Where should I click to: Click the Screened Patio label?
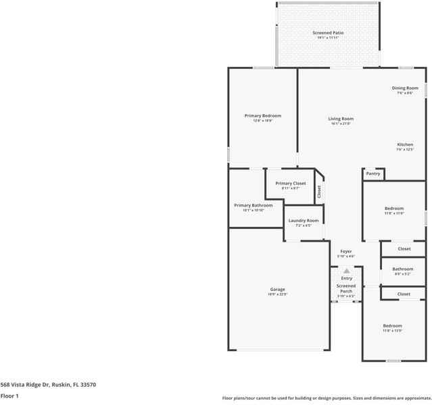pyautogui.click(x=328, y=32)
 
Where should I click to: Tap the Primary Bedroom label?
pyautogui.click(x=262, y=115)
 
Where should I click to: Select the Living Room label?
pyautogui.click(x=341, y=119)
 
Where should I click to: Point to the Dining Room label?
pyautogui.click(x=405, y=88)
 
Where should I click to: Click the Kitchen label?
pyautogui.click(x=405, y=144)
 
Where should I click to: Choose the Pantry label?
pyautogui.click(x=373, y=173)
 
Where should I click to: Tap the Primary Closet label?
pyautogui.click(x=290, y=184)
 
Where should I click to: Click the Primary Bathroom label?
pyautogui.click(x=253, y=205)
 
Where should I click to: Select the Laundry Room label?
pyautogui.click(x=303, y=221)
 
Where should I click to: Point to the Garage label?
pyautogui.click(x=277, y=289)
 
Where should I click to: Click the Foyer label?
pyautogui.click(x=345, y=251)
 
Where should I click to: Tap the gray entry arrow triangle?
pyautogui.click(x=346, y=270)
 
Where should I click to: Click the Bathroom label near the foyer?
pyautogui.click(x=403, y=269)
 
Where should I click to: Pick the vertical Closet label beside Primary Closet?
pyautogui.click(x=319, y=191)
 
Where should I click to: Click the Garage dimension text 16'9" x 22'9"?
pyautogui.click(x=277, y=294)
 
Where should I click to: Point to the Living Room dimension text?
pyautogui.click(x=341, y=124)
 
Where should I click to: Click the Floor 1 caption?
pyautogui.click(x=9, y=396)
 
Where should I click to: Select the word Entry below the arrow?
pyautogui.click(x=346, y=278)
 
